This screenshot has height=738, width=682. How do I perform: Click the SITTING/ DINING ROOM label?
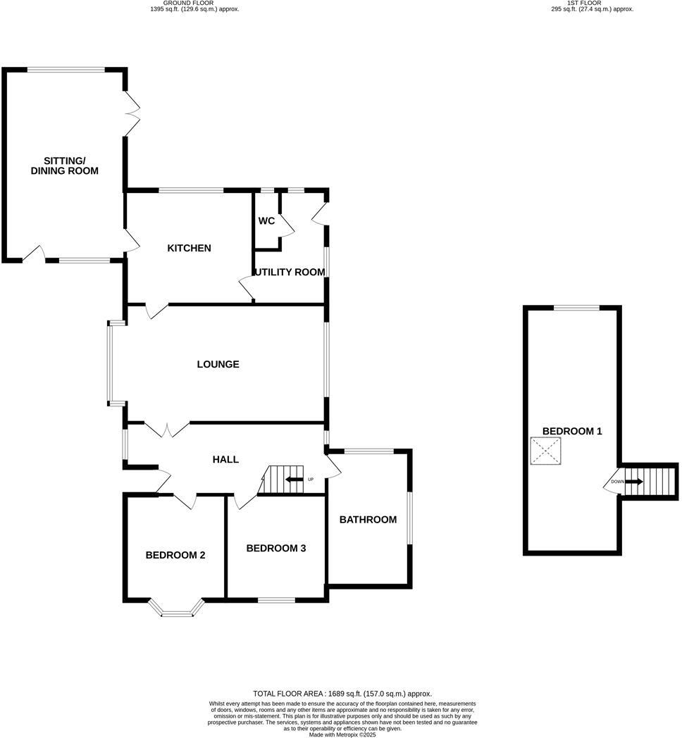(x=64, y=165)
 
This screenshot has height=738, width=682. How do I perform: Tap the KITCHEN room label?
(x=189, y=248)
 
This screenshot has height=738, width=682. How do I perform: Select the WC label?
(x=266, y=221)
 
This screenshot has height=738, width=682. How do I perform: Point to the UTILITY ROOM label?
(x=290, y=272)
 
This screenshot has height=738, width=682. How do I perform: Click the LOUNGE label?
(x=218, y=364)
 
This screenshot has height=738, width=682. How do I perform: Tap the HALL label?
(x=225, y=459)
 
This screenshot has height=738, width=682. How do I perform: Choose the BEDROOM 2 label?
(x=175, y=555)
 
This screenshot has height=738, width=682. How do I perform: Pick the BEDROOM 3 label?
(x=275, y=548)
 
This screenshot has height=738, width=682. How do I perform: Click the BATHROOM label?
(x=368, y=520)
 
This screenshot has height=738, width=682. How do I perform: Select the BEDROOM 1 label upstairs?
(x=572, y=431)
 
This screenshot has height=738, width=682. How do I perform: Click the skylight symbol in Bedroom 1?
(x=546, y=451)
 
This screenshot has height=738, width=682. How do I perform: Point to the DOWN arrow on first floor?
(x=633, y=482)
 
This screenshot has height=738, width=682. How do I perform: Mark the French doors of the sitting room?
(x=132, y=113)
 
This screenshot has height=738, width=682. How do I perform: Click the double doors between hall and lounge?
(x=167, y=427)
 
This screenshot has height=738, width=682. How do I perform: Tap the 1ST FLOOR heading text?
(x=584, y=3)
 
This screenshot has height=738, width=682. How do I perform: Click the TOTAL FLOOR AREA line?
(x=342, y=694)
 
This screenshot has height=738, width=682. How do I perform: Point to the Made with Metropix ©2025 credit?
(x=342, y=734)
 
